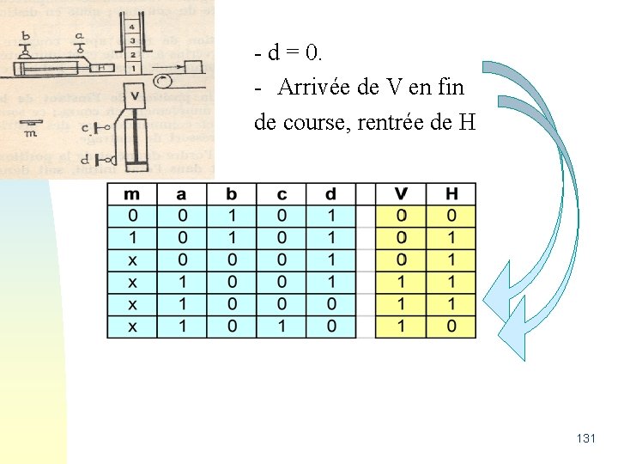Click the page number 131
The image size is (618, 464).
[586, 438]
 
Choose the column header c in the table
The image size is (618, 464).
[281, 193]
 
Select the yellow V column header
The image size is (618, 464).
[400, 193]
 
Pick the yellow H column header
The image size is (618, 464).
[451, 193]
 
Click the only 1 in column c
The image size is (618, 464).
[281, 327]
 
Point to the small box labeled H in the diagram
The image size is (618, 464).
[102, 68]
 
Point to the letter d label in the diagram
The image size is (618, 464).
[84, 159]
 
